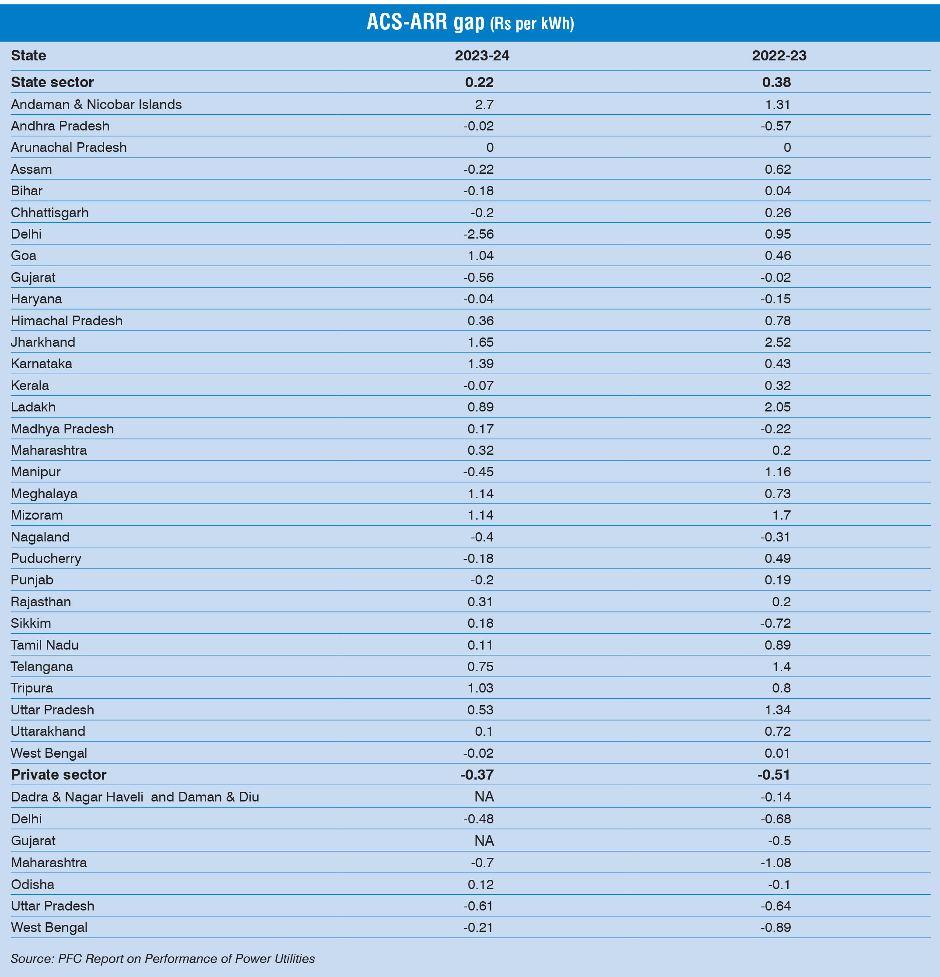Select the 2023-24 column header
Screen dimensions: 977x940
pyautogui.click(x=481, y=55)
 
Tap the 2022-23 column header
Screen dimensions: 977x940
pyautogui.click(x=779, y=55)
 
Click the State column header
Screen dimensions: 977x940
pyautogui.click(x=28, y=55)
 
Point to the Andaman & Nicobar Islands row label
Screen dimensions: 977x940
pyautogui.click(x=96, y=104)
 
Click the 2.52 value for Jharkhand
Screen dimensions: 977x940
pyautogui.click(x=778, y=342)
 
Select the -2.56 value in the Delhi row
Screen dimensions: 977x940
pyautogui.click(x=478, y=234)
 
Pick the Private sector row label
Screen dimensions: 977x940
pyautogui.click(x=59, y=775)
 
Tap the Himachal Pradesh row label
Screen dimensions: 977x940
pyautogui.click(x=67, y=320)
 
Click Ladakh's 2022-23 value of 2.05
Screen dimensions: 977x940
pyautogui.click(x=778, y=407)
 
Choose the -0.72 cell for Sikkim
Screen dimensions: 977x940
pyautogui.click(x=775, y=623)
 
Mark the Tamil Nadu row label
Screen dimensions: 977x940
pyautogui.click(x=45, y=645)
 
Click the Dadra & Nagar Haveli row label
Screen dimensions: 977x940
pyautogui.click(x=135, y=797)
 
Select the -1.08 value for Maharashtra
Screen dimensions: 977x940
pyautogui.click(x=775, y=862)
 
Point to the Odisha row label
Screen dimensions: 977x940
pyautogui.click(x=32, y=884)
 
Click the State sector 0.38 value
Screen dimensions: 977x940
pyautogui.click(x=776, y=82)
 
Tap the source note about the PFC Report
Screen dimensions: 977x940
pyautogui.click(x=162, y=959)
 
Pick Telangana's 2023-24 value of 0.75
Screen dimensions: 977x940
pyautogui.click(x=481, y=667)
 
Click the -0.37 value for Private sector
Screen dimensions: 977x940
pyautogui.click(x=477, y=775)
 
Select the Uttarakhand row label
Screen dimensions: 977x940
pyautogui.click(x=48, y=731)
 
